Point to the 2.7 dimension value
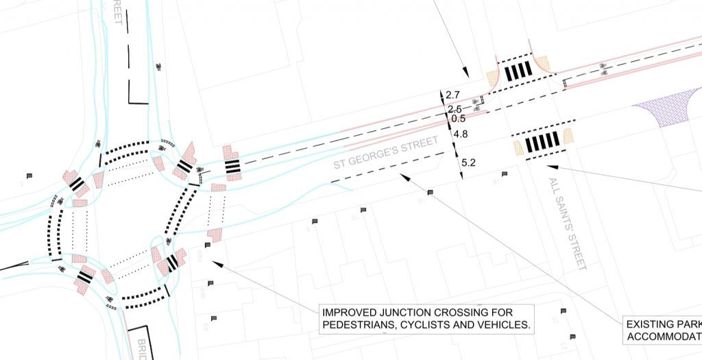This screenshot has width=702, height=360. tap(452, 95)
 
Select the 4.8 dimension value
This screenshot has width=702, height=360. tap(461, 135)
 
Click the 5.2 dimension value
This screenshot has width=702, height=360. tap(469, 163)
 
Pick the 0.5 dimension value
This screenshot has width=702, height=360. tap(459, 118)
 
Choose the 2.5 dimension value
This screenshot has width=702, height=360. tap(455, 109)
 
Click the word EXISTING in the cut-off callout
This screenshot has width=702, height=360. tap(653, 324)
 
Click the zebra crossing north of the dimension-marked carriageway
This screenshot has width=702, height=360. tap(518, 71)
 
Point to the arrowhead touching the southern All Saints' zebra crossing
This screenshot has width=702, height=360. tap(550, 165)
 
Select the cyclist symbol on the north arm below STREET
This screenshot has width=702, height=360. tap(159, 66)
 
